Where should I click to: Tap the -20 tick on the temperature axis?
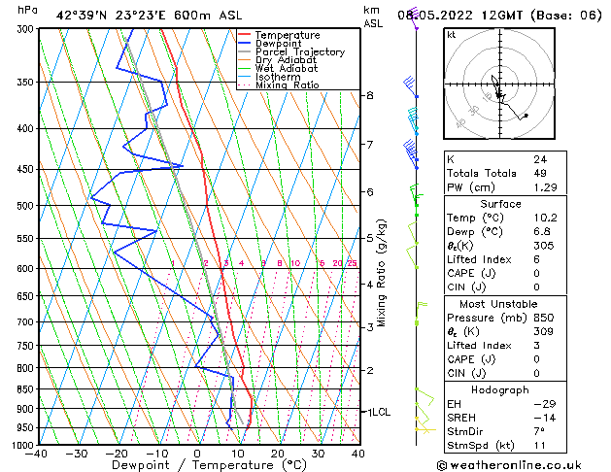[117, 453]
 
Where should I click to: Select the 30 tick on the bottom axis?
[318, 453]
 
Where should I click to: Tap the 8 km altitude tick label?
[370, 95]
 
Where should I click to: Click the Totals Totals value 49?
[539, 174]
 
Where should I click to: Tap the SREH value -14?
[541, 418]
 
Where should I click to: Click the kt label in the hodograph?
[451, 35]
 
